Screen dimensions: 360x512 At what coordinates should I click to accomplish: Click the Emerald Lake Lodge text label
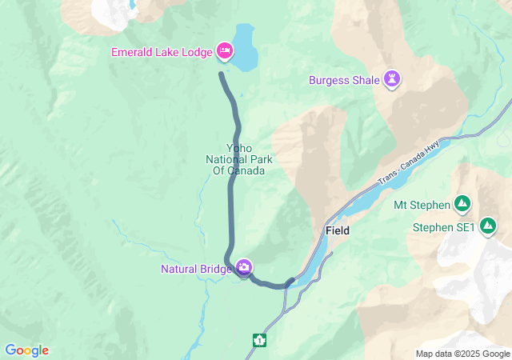(x=162, y=53)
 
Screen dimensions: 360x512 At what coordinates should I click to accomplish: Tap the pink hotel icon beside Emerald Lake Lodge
(x=225, y=53)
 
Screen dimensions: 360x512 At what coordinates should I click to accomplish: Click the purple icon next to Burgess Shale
(x=393, y=78)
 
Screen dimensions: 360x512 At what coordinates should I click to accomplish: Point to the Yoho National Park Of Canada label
(x=239, y=159)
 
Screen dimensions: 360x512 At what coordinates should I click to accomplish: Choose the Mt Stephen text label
(x=422, y=205)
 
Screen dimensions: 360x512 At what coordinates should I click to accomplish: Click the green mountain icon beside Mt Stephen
(x=462, y=204)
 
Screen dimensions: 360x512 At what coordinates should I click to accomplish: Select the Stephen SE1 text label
(x=444, y=228)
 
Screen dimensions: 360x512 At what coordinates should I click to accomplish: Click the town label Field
(x=338, y=230)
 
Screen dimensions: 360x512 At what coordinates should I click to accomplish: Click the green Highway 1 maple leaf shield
(x=259, y=340)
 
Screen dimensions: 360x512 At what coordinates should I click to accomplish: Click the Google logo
(x=26, y=350)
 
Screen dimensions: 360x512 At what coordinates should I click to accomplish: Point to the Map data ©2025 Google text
(x=462, y=354)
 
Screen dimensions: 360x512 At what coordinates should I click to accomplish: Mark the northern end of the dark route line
(x=221, y=74)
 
